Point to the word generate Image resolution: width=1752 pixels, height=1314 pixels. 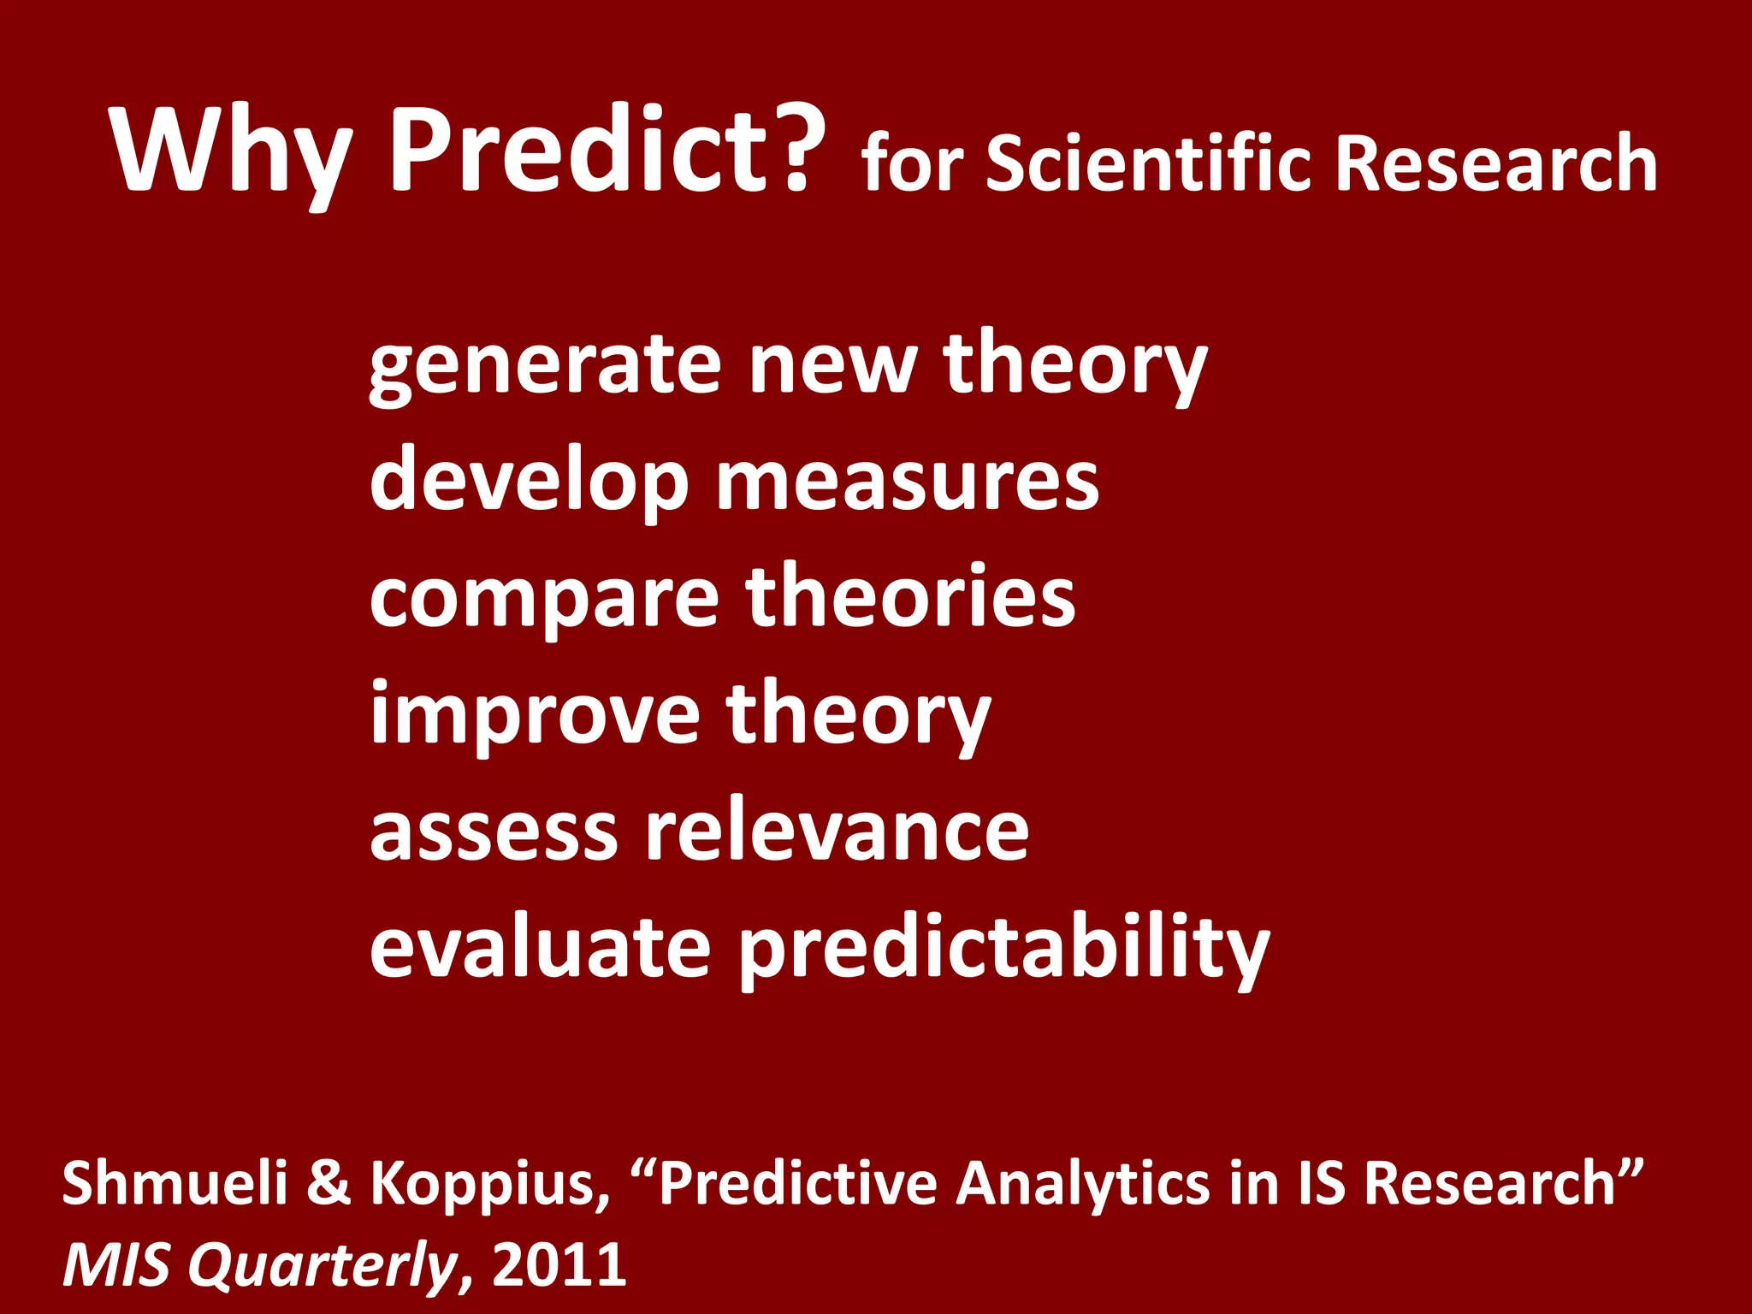coord(544,365)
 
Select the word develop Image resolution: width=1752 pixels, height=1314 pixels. coord(528,481)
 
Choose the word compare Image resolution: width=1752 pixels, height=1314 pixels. coord(544,598)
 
